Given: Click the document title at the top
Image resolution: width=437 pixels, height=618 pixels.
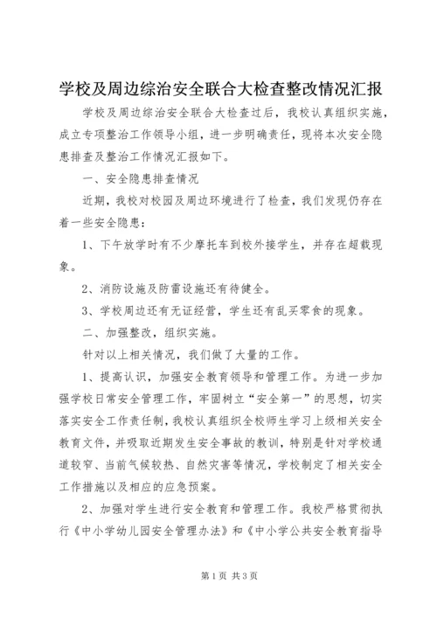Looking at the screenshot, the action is [x=218, y=90].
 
